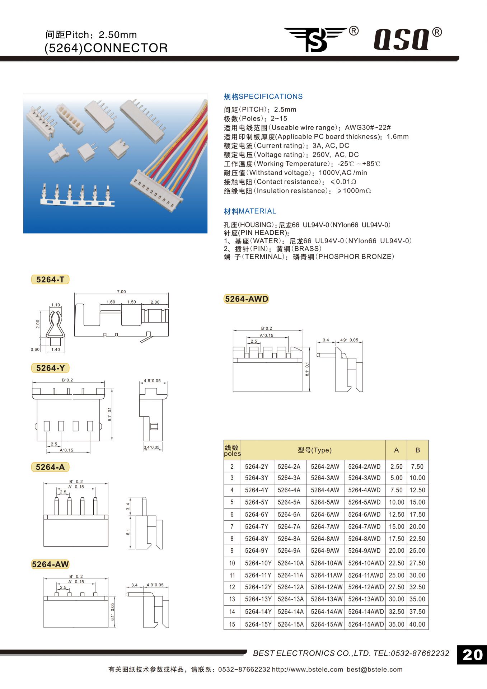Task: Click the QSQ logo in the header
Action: point(402,39)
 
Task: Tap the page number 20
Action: point(472,655)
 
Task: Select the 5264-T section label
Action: point(50,280)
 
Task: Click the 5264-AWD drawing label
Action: point(247,299)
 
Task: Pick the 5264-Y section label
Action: point(50,368)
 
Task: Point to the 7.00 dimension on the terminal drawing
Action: point(121,292)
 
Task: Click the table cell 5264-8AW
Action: point(325,539)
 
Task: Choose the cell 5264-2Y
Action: point(257,467)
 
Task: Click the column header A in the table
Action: point(396,450)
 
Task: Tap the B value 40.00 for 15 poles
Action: point(417,624)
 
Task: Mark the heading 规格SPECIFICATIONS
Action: point(263,97)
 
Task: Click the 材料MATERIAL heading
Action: point(250,211)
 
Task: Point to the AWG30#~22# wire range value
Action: point(367,127)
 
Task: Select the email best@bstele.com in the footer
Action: point(374,669)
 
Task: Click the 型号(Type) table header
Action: point(314,450)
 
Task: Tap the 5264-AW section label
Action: point(50,564)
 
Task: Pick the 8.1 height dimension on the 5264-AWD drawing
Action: point(307,369)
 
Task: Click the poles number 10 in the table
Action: point(232,563)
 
